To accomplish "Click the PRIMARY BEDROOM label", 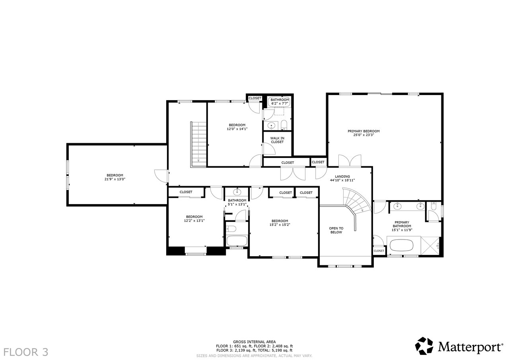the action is pos(363,131).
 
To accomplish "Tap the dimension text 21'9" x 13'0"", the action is pos(115,179).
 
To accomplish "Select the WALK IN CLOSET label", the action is pos(277,140).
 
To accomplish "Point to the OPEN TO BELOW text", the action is pos(336,230).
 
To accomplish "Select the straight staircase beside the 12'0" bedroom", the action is pos(198,144).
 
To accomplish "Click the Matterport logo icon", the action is pos(424,346).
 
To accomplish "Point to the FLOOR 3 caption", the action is pos(26,352).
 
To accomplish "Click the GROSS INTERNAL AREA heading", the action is pos(254,342).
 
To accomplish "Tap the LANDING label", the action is pos(342,176).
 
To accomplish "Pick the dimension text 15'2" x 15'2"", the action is pos(280,225).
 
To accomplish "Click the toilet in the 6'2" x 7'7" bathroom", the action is pos(284,125).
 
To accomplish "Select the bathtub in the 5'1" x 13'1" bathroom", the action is pos(237,241).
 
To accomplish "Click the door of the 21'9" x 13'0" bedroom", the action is pos(161,176).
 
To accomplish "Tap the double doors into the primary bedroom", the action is pos(350,161).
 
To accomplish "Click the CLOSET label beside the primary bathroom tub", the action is pos(379,251).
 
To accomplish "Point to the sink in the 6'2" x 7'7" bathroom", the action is pos(271,125).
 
